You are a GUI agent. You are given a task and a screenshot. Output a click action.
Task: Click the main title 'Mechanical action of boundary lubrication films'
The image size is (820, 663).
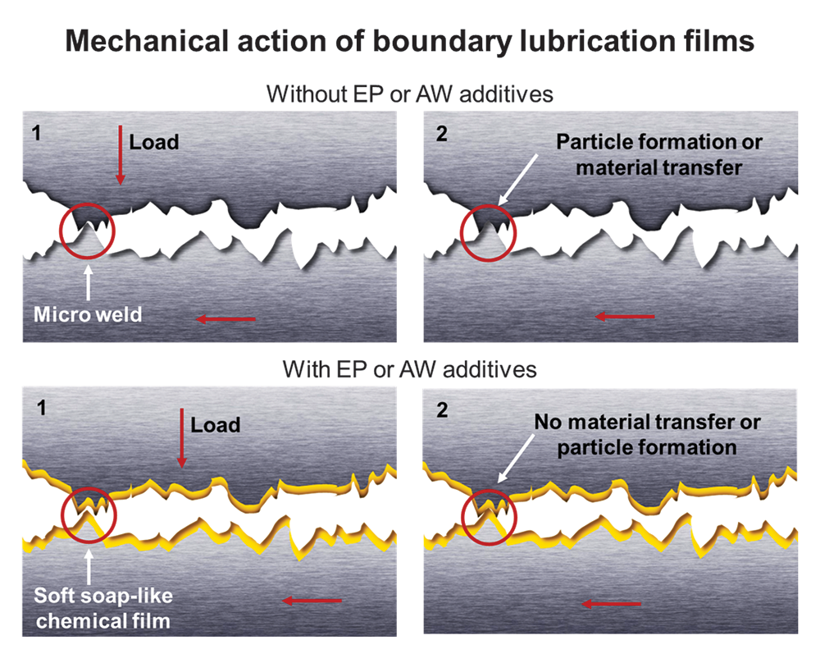point(410,40)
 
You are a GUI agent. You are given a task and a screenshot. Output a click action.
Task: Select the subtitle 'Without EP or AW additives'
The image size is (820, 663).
point(410,94)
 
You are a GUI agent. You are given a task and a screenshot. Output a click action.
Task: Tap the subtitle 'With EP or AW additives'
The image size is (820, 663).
point(410,369)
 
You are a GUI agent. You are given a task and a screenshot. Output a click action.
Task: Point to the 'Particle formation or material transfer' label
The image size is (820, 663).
point(659,154)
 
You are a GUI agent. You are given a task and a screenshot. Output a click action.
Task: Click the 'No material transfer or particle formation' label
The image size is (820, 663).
point(648,435)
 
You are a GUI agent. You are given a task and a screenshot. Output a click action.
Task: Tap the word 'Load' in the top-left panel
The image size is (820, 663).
point(155,143)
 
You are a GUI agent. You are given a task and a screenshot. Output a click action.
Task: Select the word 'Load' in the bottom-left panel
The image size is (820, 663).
point(216,424)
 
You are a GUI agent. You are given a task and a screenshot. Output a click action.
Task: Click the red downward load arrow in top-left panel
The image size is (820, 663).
point(120,155)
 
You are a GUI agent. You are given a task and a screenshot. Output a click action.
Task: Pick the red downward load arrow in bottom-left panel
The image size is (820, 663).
point(182,438)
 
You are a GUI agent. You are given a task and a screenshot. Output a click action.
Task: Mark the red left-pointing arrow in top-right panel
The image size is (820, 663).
point(625,316)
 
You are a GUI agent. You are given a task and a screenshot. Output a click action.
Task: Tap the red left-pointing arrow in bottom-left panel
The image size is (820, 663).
point(312,601)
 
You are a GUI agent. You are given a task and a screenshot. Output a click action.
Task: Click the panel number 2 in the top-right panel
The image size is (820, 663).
point(442,135)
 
